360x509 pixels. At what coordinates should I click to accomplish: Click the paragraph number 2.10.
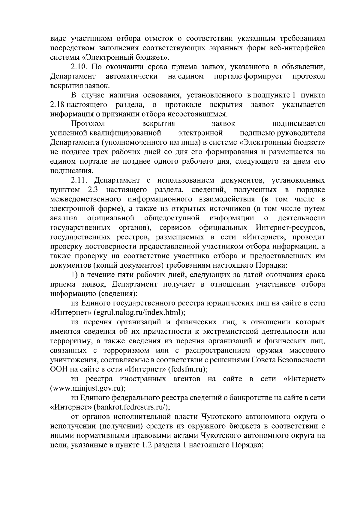tap(79, 67)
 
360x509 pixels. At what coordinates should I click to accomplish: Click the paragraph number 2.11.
tap(79, 180)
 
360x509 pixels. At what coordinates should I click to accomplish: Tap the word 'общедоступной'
tap(172, 218)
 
